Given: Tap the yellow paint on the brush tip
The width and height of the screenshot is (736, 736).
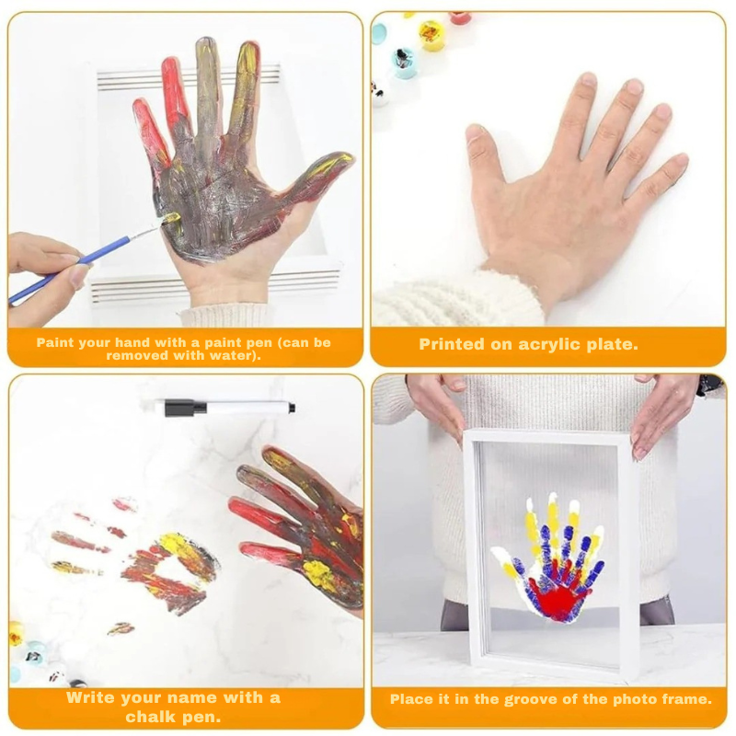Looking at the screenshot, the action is [x=171, y=219].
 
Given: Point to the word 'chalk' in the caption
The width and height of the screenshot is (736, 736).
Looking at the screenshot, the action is [x=150, y=717].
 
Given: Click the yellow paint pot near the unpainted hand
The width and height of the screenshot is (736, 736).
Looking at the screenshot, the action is [x=430, y=34].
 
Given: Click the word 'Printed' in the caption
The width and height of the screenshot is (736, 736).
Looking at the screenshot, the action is [x=445, y=344].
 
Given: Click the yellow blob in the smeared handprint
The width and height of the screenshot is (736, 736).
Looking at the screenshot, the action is [x=180, y=548].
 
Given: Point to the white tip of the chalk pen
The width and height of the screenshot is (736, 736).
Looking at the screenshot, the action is [x=292, y=408].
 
